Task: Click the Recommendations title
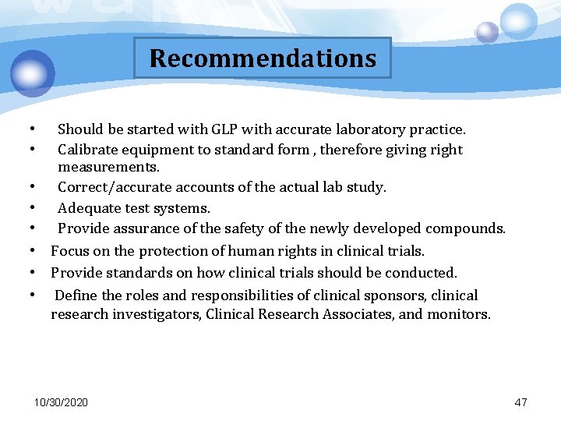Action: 263,58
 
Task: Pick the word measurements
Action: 108,168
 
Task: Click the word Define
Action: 76,295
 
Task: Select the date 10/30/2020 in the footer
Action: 61,402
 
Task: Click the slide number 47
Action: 521,402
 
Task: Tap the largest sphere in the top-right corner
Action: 518,20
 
